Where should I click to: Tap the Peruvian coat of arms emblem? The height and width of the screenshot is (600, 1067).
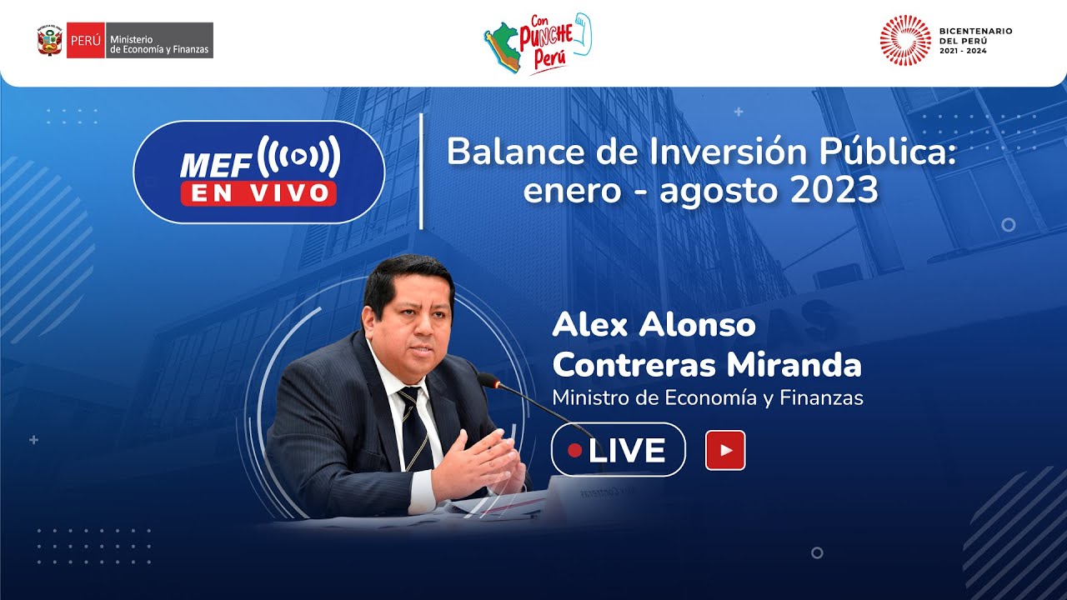point(50,40)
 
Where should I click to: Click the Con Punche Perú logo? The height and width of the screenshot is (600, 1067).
point(537,43)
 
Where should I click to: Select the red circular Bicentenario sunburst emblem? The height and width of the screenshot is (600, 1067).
point(905,40)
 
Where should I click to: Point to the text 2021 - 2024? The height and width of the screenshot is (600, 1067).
point(963,52)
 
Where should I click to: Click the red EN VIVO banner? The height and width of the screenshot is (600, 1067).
point(258,192)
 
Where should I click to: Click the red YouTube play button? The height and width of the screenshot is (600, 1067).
point(725,451)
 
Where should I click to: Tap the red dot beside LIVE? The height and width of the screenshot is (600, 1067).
point(574,451)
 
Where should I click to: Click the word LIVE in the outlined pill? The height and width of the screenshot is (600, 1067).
point(626,451)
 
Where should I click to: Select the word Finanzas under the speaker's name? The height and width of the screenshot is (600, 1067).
point(821,398)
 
